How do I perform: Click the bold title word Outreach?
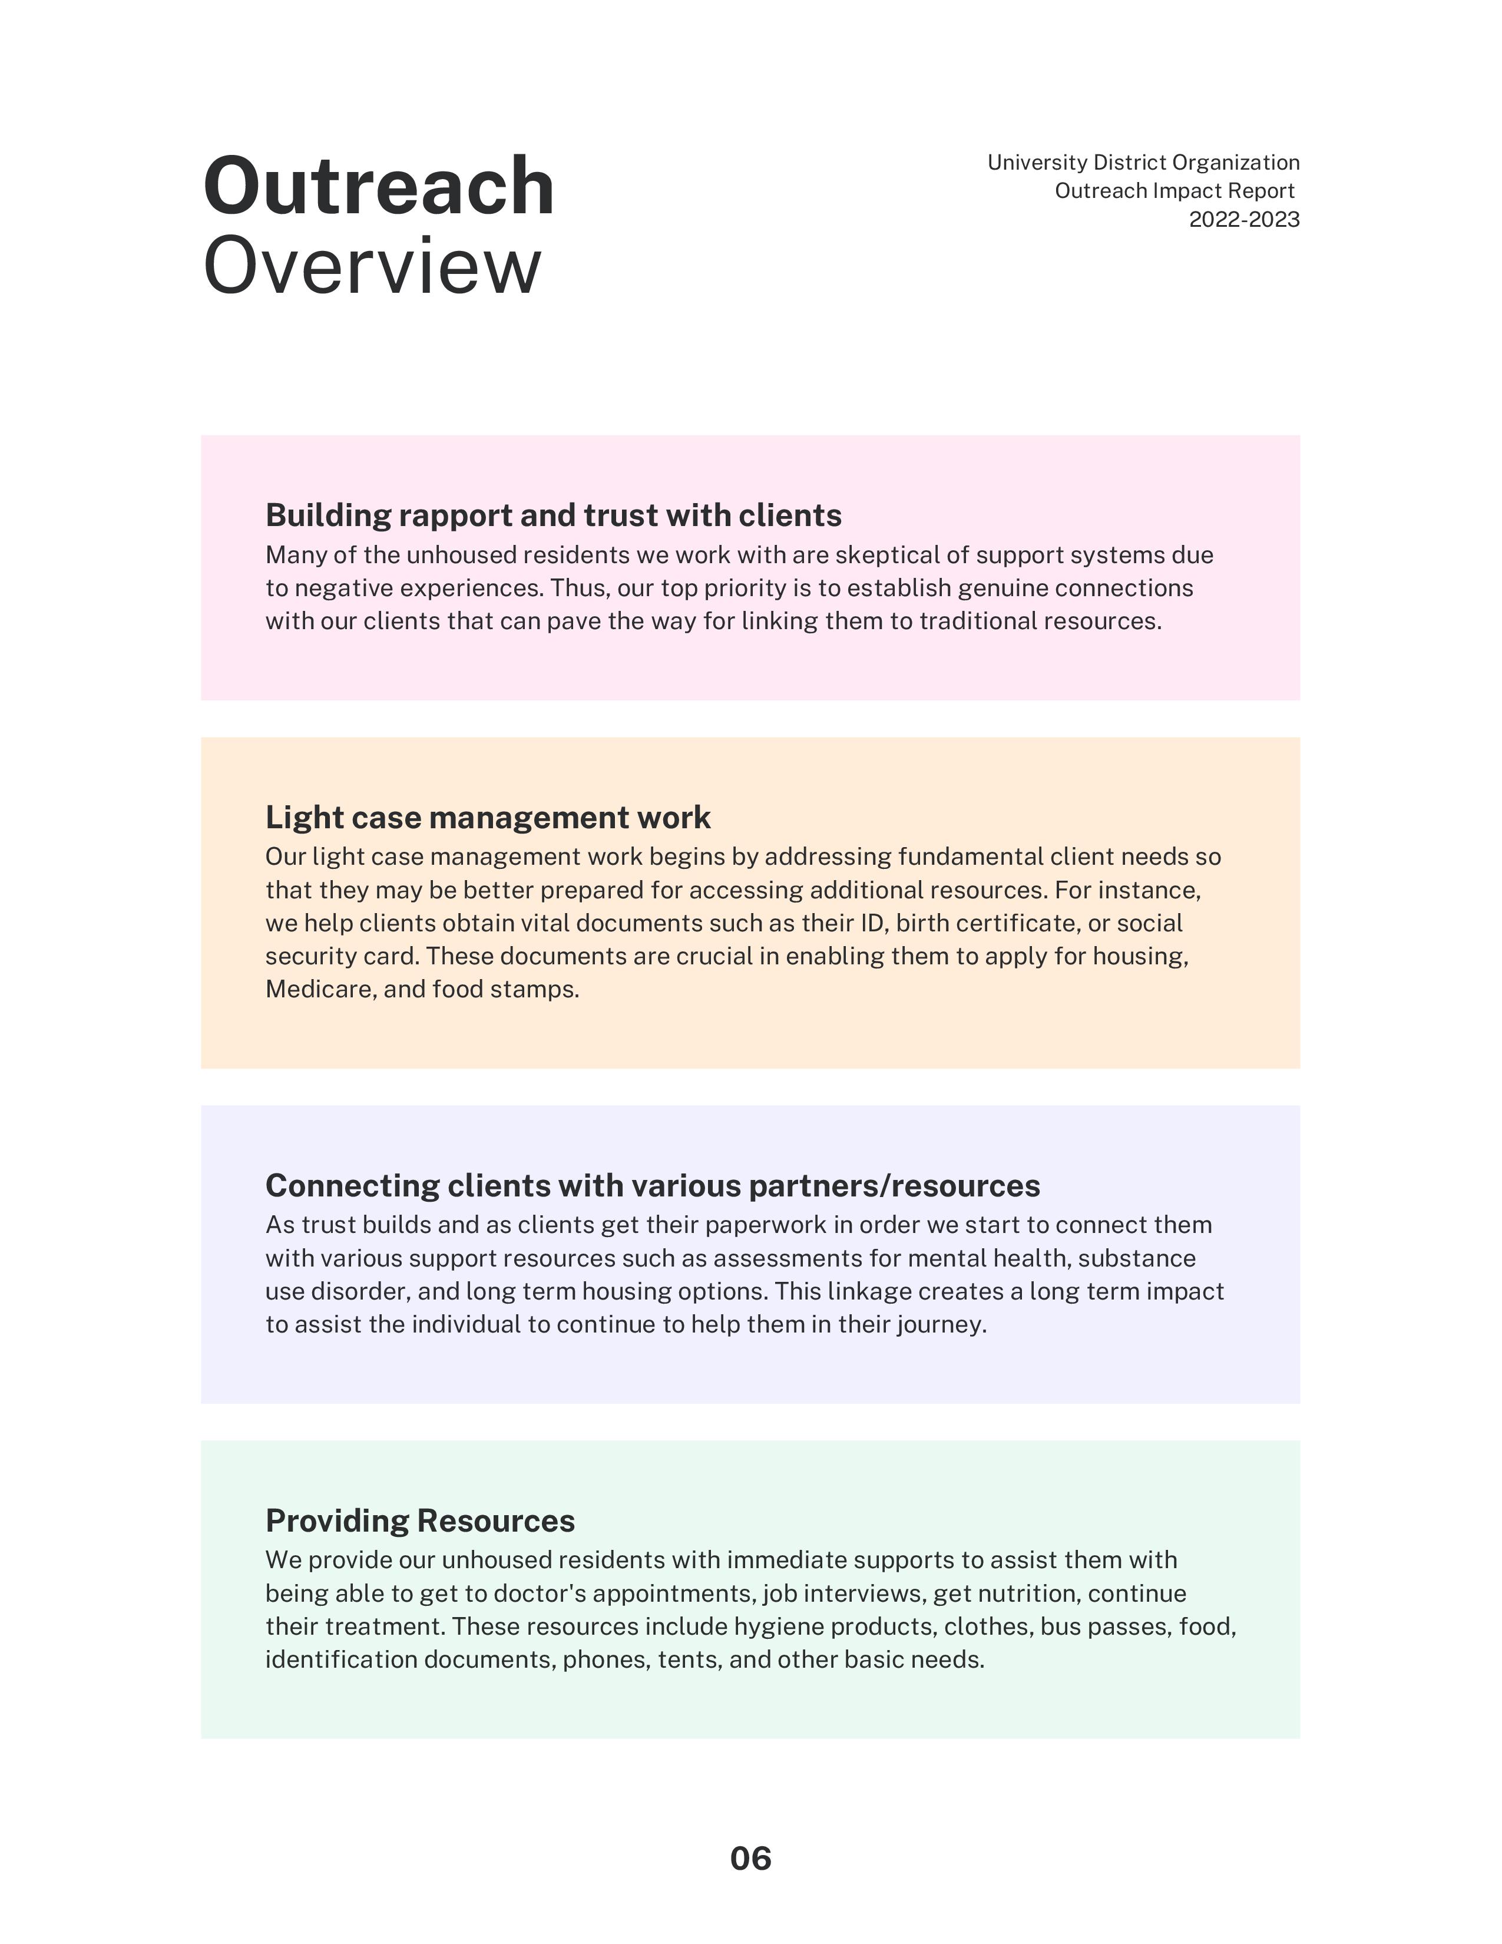coord(378,186)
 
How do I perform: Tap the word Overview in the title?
coord(372,266)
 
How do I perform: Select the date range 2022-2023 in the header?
coord(1244,220)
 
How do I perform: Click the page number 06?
coord(750,1859)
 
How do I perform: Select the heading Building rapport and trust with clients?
coord(554,515)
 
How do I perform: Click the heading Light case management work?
coord(488,817)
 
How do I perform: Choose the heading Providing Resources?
coord(420,1520)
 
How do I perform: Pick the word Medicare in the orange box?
coord(320,989)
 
